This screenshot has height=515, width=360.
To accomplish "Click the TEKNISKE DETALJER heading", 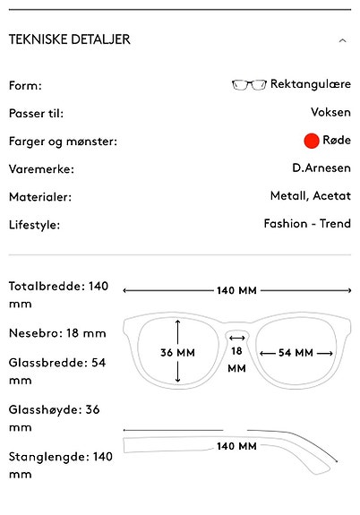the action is (x=70, y=39).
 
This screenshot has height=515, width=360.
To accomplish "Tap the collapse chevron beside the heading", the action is (x=343, y=40).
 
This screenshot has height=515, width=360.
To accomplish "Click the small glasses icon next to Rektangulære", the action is (x=249, y=84).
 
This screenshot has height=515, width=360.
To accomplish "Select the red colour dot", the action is (x=312, y=141).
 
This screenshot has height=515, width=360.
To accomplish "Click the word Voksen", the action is (x=330, y=112).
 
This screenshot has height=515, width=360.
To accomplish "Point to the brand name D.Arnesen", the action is (x=321, y=168).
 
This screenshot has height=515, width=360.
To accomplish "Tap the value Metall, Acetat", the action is (x=311, y=196).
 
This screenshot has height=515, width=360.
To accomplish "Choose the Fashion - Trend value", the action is (x=307, y=224).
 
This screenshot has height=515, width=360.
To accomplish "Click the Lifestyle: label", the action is (x=35, y=225).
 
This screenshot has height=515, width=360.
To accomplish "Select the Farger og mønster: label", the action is (x=63, y=142).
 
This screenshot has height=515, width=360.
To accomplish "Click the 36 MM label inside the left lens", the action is (x=177, y=353).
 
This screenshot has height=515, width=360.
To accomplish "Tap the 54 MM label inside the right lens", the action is (x=296, y=353).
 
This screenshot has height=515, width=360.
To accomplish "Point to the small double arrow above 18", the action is (x=236, y=338).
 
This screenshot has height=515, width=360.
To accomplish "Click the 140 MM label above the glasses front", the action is (x=236, y=291).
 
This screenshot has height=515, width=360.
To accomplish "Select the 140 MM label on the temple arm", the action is (x=236, y=446).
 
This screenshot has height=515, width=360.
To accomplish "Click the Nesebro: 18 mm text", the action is (x=57, y=333).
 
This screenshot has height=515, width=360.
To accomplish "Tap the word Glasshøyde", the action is (x=44, y=410).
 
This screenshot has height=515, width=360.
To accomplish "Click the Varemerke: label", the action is (x=41, y=169).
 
